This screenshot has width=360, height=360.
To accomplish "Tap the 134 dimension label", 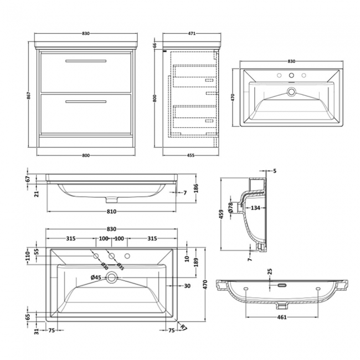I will (255, 208).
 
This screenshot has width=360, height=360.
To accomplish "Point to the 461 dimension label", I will (281, 317).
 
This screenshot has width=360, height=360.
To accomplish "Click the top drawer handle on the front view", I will (86, 60).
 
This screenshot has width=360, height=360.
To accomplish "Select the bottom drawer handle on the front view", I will (86, 101).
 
